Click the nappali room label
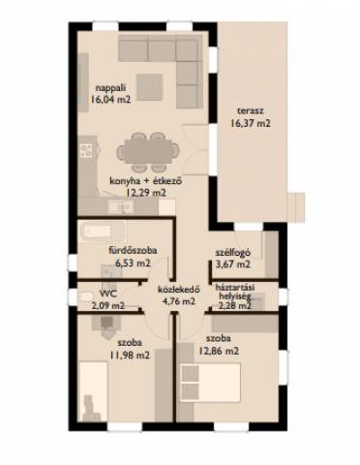click(110, 88)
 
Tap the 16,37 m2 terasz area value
click(251, 123)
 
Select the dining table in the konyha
click(148, 151)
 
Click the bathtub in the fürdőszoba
click(103, 231)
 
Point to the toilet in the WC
click(84, 296)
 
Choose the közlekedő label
click(179, 290)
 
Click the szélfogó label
click(233, 253)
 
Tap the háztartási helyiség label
click(235, 292)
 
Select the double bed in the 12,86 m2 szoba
click(211, 383)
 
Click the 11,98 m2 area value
click(130, 356)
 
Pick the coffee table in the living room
click(149, 86)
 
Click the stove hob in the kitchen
click(86, 150)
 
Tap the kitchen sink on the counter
click(120, 207)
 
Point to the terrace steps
click(295, 207)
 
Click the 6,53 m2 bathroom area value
click(133, 263)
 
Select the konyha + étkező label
click(146, 181)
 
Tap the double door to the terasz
click(195, 149)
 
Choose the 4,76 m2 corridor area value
click(179, 301)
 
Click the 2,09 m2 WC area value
click(108, 305)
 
